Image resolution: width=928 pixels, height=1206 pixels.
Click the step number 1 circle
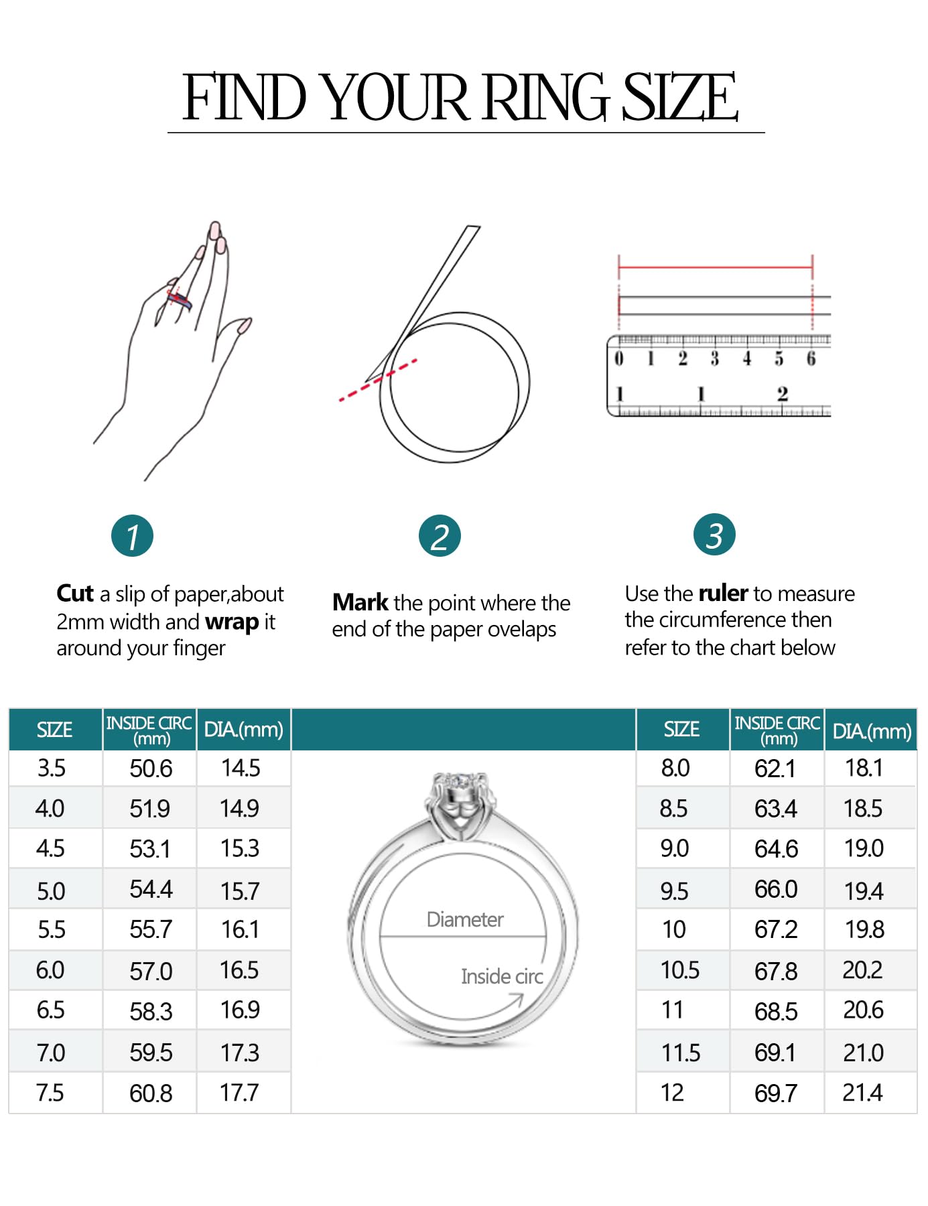(x=132, y=536)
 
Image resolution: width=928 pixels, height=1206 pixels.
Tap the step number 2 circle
(x=440, y=536)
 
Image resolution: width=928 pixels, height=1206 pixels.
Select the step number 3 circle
(x=714, y=535)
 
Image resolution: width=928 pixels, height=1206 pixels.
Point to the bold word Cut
(x=74, y=594)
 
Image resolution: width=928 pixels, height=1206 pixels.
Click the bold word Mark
(x=360, y=602)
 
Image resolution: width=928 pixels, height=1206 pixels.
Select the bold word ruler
(x=722, y=594)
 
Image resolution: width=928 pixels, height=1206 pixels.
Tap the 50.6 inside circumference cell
(x=151, y=768)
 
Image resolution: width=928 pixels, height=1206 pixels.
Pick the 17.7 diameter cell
(x=239, y=1093)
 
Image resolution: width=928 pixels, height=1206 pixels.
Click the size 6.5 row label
(x=51, y=1010)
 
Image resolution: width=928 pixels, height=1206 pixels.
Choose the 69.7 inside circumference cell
(x=775, y=1093)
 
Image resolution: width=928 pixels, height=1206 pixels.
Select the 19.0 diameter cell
(x=864, y=848)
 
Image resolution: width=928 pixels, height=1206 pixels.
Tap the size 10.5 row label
(x=679, y=969)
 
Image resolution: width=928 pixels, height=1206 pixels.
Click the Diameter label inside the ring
(x=465, y=919)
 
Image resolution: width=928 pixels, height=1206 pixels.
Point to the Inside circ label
(x=501, y=976)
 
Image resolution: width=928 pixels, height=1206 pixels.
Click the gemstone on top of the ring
(x=460, y=781)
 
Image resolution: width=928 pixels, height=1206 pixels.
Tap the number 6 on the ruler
(x=811, y=358)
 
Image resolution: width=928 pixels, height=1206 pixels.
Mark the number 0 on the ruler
(x=618, y=358)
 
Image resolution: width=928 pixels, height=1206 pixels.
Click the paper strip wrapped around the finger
(x=180, y=298)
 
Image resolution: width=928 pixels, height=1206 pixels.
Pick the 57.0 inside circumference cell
(x=151, y=971)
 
